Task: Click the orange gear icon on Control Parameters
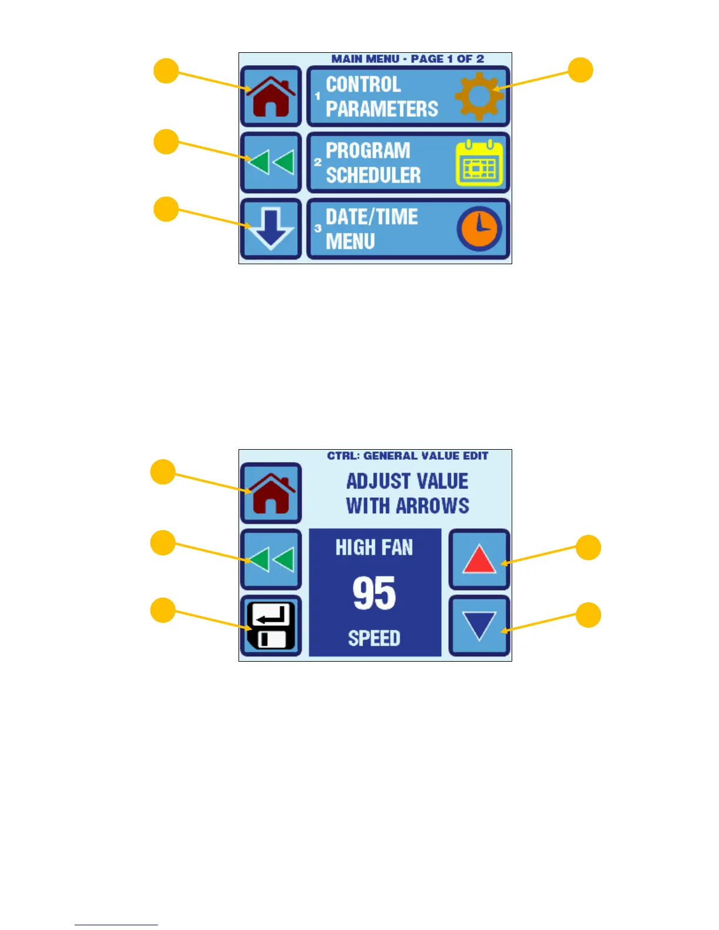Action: coord(479,96)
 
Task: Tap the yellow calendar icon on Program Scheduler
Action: coord(480,163)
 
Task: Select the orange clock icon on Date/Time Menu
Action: coord(479,229)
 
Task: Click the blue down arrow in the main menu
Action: coord(271,229)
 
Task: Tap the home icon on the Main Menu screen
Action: coord(271,96)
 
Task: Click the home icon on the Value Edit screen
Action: coord(271,493)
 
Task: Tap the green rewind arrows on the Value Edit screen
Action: coord(271,560)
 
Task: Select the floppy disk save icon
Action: coord(271,626)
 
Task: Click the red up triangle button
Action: coord(479,560)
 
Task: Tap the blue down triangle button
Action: coord(479,626)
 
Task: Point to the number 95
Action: coord(375,593)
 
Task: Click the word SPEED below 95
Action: coord(374,638)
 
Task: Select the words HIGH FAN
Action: coord(374,548)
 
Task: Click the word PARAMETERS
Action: coord(382,109)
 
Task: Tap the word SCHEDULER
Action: coord(374,175)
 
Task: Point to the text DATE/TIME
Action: coord(372,217)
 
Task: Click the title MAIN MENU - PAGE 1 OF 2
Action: coord(408,59)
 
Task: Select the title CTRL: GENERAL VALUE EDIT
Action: coord(408,456)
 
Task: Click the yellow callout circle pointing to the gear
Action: coord(580,70)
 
